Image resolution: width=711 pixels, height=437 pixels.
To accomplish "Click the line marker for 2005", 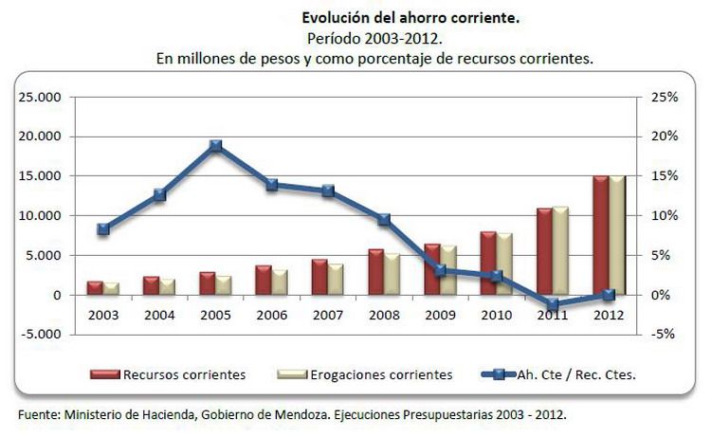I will point(215,146).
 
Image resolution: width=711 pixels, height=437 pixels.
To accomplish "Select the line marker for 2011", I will point(552,305).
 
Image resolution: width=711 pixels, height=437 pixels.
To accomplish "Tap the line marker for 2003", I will point(103,228).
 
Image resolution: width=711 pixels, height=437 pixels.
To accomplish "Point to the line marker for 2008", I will point(384,220).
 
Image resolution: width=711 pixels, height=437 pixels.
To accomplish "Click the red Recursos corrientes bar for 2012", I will point(599,235).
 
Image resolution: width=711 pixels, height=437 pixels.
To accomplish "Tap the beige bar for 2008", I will point(392,274).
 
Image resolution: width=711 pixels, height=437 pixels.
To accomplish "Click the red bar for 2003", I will point(95,287).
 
